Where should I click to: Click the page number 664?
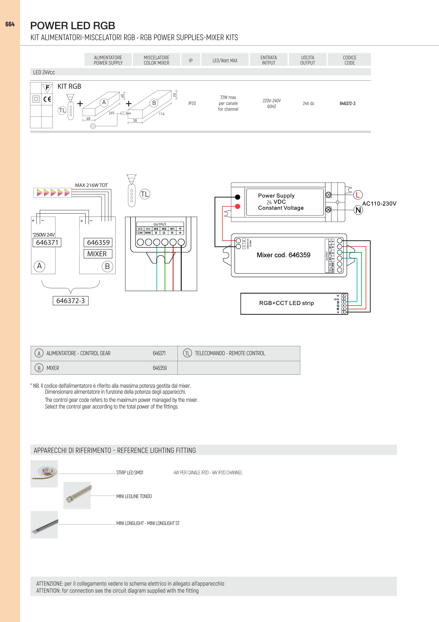(10, 24)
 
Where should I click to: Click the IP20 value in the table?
(192, 103)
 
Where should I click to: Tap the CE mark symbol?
(47, 99)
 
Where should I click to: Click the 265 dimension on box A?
(111, 113)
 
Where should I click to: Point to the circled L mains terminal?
(358, 194)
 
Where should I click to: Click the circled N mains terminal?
(358, 210)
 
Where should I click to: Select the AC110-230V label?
(379, 203)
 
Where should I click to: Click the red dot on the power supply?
(238, 206)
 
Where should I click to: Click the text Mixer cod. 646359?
(283, 255)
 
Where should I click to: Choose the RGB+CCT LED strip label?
(286, 303)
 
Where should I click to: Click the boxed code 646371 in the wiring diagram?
(47, 243)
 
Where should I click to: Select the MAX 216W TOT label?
(91, 185)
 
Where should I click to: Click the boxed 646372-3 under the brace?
(71, 301)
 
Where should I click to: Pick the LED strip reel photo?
(44, 474)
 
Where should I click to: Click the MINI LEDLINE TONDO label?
(134, 496)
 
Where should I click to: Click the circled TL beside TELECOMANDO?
(187, 353)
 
